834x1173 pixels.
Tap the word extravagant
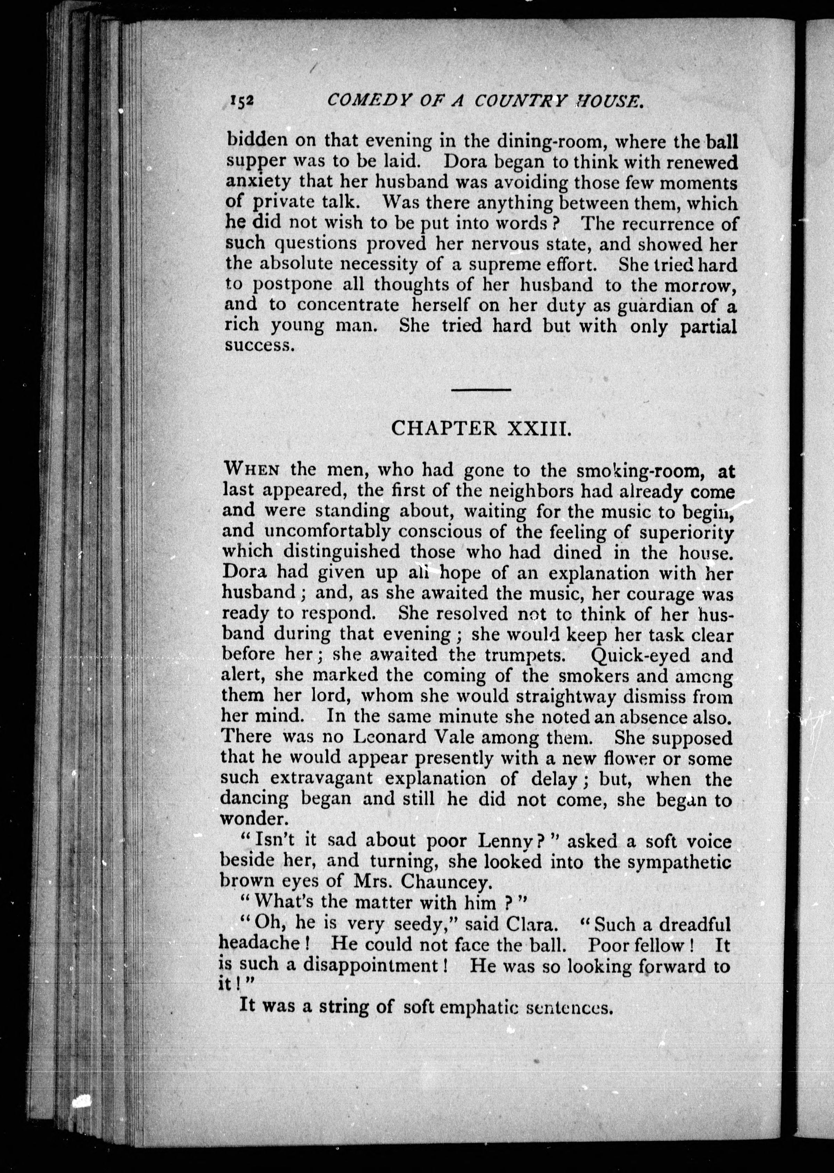tap(321, 778)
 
